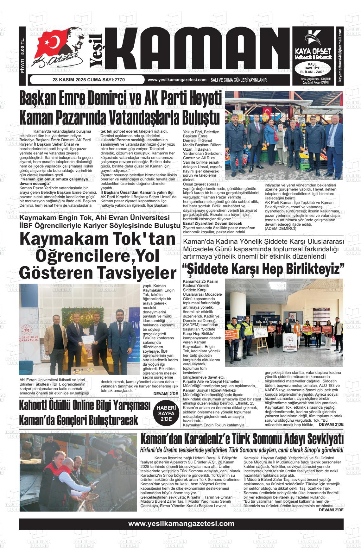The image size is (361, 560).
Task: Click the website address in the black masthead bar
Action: pyautogui.click(x=177, y=80)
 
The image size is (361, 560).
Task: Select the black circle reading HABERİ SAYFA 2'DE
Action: pyautogui.click(x=166, y=411)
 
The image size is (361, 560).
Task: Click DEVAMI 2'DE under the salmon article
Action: pyautogui.click(x=331, y=510)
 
